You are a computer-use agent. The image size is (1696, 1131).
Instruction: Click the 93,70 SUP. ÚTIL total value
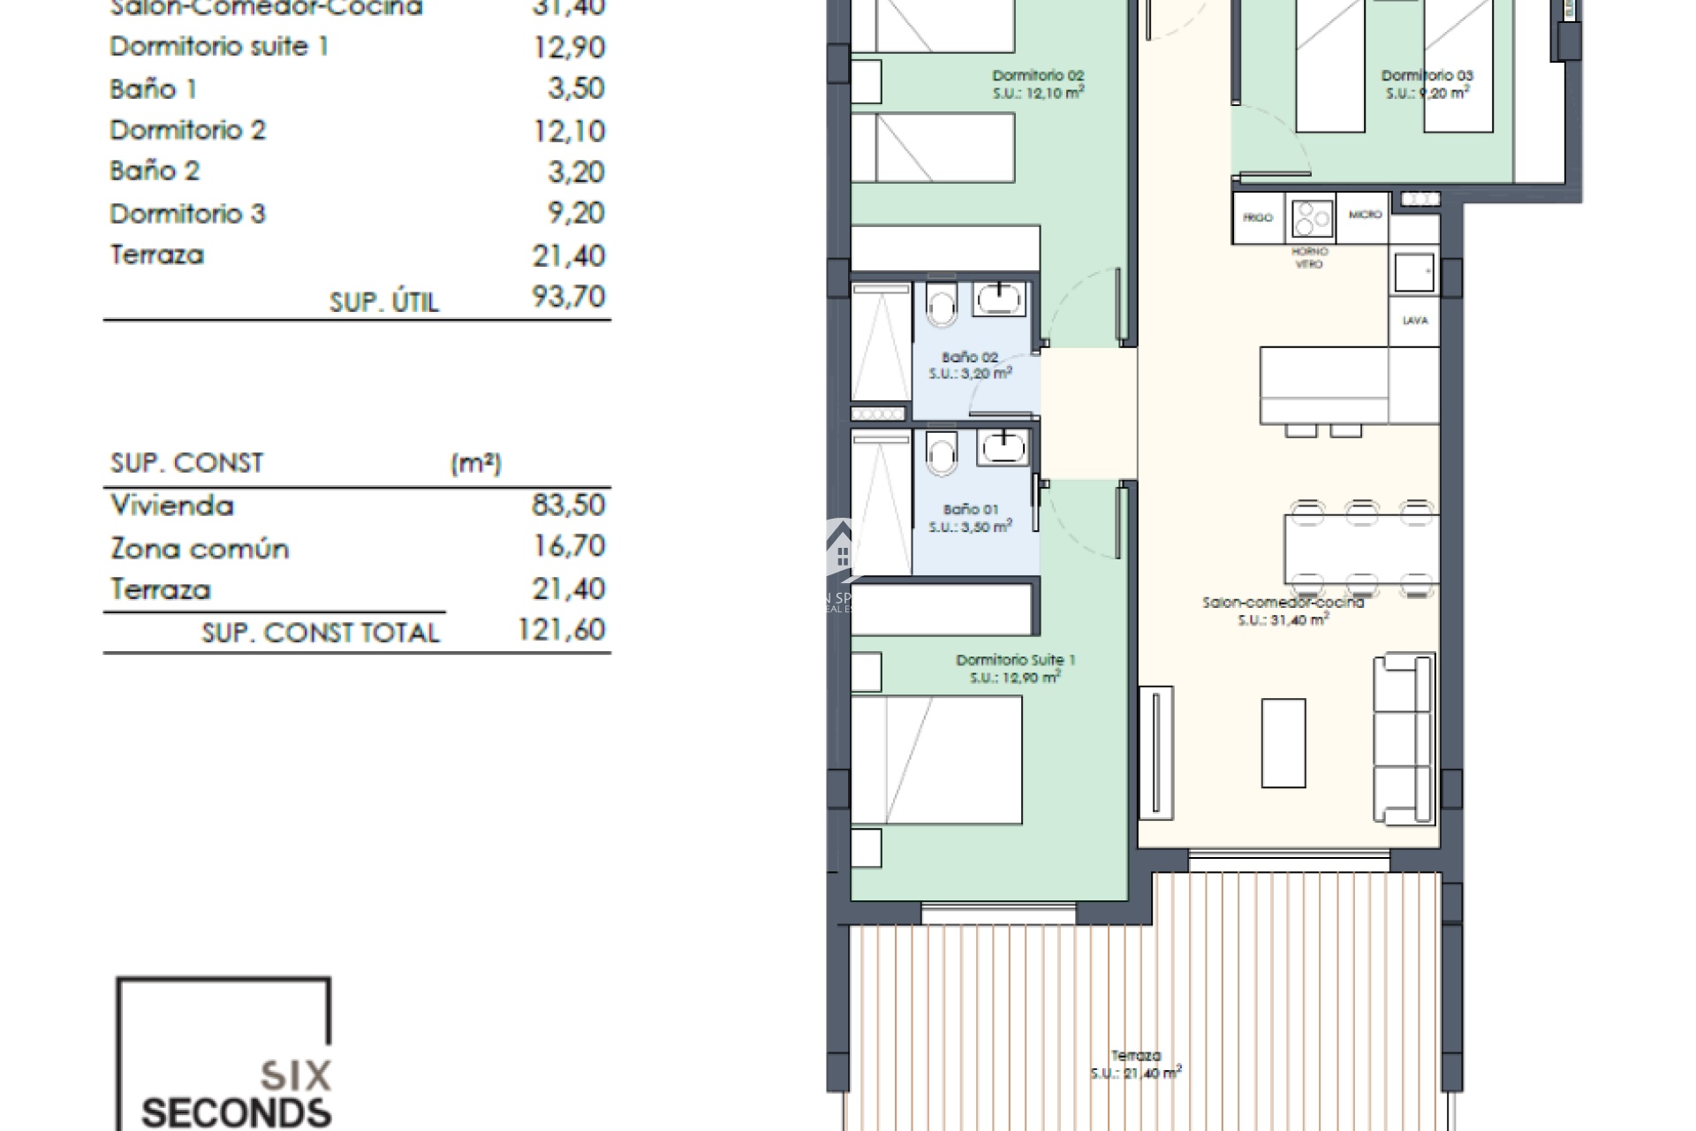point(568,297)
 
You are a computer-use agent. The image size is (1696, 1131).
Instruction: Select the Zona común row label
point(200,549)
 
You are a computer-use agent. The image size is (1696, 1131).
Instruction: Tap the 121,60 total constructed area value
point(561,630)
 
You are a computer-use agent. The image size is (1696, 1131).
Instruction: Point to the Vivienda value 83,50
point(568,505)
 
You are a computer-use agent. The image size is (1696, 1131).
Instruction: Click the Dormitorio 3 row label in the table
point(187,214)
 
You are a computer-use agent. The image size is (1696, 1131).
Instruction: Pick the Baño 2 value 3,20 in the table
point(576,171)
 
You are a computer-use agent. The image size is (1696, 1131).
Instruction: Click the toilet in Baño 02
point(942,306)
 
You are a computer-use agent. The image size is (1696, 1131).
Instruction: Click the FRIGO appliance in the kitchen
point(1257,217)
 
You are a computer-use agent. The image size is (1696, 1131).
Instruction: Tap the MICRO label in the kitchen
point(1365,215)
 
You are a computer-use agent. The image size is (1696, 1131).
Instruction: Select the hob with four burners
point(1311,218)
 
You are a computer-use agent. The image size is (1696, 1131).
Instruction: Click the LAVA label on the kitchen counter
point(1414,321)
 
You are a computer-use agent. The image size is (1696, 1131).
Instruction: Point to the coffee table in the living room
point(1283,742)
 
